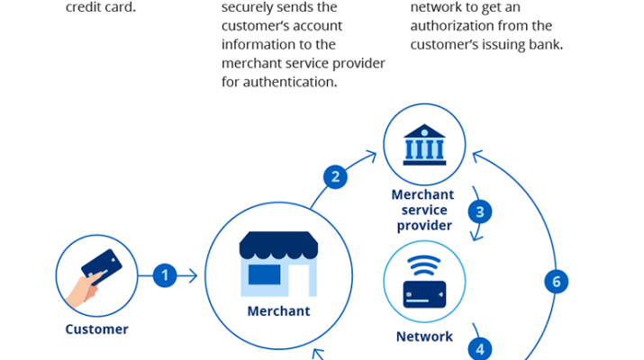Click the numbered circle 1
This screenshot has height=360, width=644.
point(164,275)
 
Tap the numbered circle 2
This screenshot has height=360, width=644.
point(336,175)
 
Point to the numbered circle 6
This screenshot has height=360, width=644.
point(557,282)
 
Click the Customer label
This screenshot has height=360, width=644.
point(96,329)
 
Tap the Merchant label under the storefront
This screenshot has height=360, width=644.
point(278,311)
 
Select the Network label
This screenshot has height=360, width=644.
point(424,337)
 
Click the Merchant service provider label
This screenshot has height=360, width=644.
point(423,209)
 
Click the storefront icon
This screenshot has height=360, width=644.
point(277,265)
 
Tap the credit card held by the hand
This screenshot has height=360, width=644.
point(102,265)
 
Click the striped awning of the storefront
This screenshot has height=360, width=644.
point(277,244)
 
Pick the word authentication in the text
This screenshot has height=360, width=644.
point(279,82)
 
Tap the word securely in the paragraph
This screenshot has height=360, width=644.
point(254,7)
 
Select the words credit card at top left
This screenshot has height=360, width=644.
point(101,7)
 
